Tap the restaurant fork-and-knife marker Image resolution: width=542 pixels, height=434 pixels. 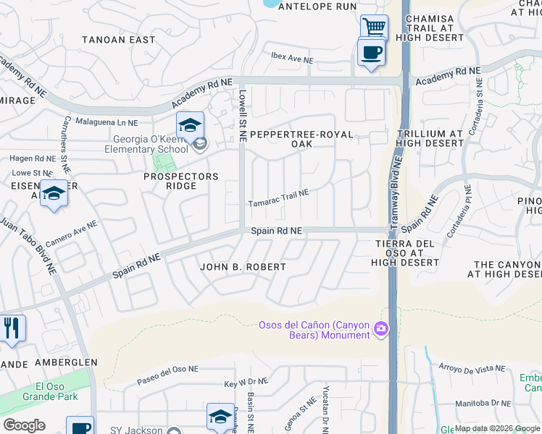pyautogui.click(x=12, y=328)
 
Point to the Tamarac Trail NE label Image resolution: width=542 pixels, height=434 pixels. pyautogui.click(x=279, y=198)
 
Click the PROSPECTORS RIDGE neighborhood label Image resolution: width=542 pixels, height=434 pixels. pyautogui.click(x=180, y=181)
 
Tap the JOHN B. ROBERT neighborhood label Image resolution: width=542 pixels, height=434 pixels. pyautogui.click(x=243, y=267)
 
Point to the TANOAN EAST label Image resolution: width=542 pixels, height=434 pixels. pyautogui.click(x=119, y=40)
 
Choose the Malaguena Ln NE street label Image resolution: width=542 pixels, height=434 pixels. pyautogui.click(x=106, y=123)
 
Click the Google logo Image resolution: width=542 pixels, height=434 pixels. pyautogui.click(x=24, y=425)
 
